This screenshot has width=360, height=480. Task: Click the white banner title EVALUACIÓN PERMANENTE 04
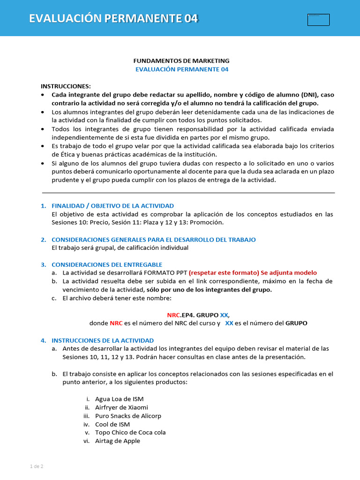(113, 18)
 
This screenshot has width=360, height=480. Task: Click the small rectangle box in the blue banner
(318, 20)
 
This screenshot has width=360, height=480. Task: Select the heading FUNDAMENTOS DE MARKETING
(181, 61)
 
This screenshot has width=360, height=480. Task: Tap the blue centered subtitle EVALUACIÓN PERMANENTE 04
(181, 69)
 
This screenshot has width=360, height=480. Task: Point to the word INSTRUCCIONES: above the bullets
(66, 86)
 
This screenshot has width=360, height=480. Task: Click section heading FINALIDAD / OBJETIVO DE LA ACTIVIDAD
(112, 206)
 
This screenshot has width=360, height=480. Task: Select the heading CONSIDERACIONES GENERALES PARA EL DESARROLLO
(153, 240)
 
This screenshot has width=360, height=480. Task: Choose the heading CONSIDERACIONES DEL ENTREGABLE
(106, 265)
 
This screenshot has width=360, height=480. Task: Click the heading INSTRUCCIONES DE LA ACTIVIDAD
(102, 340)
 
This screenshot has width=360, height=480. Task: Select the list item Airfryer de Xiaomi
(121, 407)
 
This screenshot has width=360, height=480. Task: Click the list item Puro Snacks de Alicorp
(128, 416)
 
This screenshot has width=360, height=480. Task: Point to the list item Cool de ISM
(112, 424)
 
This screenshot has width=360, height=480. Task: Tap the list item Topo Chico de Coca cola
(130, 433)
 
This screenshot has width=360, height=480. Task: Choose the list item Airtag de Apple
(117, 441)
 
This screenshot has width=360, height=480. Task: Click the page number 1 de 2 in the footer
(37, 466)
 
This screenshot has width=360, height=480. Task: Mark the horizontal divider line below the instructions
(188, 193)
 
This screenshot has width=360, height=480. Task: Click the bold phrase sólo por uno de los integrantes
(209, 290)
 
